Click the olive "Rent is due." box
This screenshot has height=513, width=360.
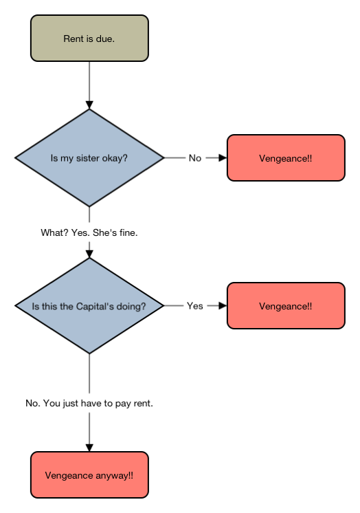coord(89,38)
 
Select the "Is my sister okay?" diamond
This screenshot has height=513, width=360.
coord(89,157)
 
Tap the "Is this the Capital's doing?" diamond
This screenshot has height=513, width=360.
coord(89,305)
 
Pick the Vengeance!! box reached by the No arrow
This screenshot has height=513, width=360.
coord(286,157)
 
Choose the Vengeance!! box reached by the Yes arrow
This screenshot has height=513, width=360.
coord(286,305)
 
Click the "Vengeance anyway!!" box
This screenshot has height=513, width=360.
coord(89,475)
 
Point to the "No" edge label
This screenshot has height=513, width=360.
coord(195,158)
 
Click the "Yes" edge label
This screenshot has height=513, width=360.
coord(195,306)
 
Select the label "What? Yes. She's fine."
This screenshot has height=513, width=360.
coord(89,232)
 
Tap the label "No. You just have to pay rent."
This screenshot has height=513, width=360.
coord(89,403)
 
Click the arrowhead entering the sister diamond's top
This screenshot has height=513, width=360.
coord(89,105)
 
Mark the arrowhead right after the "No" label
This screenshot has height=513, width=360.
coord(223,157)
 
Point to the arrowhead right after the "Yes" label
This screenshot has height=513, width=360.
coord(223,305)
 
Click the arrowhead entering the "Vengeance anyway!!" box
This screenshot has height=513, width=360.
coord(89,448)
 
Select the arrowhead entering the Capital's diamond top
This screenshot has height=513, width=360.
coord(89,254)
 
